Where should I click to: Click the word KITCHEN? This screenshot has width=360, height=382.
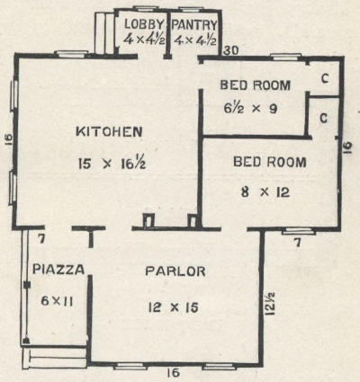[109, 132]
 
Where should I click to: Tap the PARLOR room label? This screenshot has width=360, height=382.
[175, 271]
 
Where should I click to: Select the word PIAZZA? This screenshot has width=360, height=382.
[58, 270]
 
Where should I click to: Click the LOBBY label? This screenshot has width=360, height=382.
[145, 24]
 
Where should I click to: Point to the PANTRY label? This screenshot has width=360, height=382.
[194, 24]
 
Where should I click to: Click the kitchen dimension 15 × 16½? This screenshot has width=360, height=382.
[112, 164]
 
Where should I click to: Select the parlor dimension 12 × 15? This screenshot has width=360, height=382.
[174, 307]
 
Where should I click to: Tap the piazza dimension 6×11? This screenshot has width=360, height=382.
[58, 300]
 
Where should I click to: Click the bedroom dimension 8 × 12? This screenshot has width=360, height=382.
[265, 191]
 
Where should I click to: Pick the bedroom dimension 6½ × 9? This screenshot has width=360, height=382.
[250, 108]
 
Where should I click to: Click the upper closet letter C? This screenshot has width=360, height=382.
[325, 78]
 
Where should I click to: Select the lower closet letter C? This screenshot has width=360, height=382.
[323, 118]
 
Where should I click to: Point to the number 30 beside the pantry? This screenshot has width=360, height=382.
[231, 50]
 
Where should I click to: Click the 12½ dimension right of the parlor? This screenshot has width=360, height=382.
[269, 304]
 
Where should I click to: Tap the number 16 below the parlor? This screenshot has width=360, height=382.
[174, 373]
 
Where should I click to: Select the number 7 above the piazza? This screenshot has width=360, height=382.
[41, 239]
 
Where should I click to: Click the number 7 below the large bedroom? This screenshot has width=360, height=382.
[297, 242]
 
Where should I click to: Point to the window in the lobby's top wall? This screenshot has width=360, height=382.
[143, 8]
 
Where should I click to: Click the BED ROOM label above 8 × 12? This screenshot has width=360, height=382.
[270, 162]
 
